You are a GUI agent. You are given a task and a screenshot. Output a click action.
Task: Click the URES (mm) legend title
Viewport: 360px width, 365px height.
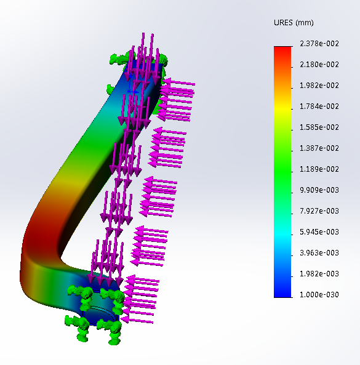click(x=294, y=23)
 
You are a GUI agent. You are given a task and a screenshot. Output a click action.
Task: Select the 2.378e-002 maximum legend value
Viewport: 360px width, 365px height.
click(x=319, y=44)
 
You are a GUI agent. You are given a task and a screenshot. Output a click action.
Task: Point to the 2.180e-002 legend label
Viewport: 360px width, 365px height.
click(x=319, y=65)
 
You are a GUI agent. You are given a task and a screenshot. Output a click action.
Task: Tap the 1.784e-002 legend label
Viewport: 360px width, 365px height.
click(x=319, y=106)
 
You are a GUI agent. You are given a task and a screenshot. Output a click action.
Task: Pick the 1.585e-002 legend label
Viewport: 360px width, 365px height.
click(x=319, y=127)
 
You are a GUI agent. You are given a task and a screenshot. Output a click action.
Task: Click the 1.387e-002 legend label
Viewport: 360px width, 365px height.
click(x=319, y=148)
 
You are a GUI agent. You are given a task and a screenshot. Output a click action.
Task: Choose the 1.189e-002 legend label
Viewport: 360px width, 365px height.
click(x=319, y=169)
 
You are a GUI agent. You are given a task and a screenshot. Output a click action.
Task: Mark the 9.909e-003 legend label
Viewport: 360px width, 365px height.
click(x=319, y=190)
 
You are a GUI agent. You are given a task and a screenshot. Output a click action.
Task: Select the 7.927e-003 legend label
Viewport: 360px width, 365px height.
click(x=319, y=211)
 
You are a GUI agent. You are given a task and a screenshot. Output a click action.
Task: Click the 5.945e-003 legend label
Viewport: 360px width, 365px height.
click(x=319, y=232)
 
